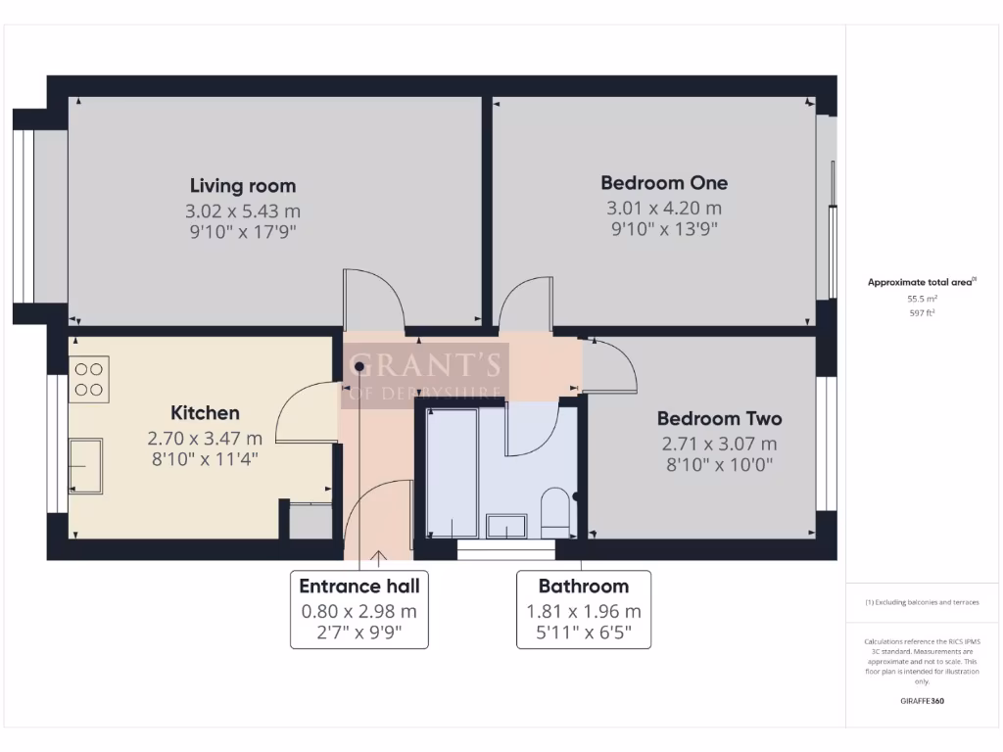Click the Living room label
[x=242, y=186]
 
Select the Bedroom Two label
[x=719, y=418]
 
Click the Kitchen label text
[x=205, y=413]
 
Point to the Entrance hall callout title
[x=359, y=587]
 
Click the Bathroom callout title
[x=583, y=587]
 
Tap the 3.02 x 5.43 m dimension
[x=242, y=211]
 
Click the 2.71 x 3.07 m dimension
[x=719, y=444]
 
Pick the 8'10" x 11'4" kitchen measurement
[x=205, y=460]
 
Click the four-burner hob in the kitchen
[x=89, y=379]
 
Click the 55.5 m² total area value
[x=921, y=298]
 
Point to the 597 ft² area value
[x=921, y=313]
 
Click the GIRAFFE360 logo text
[x=922, y=701]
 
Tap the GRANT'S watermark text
[x=424, y=366]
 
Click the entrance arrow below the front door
[x=378, y=559]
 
